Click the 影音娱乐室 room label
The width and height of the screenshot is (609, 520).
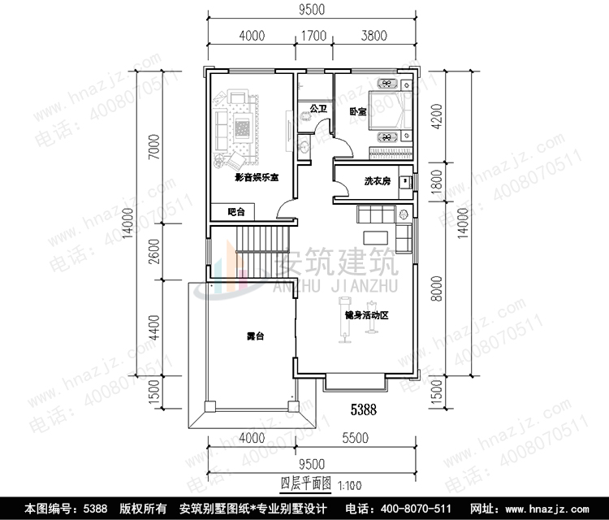[x=257, y=177]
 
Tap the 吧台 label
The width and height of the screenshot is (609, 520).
[x=235, y=212]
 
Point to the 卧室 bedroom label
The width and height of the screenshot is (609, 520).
[x=357, y=110]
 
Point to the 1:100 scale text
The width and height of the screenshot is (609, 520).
[x=348, y=485]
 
